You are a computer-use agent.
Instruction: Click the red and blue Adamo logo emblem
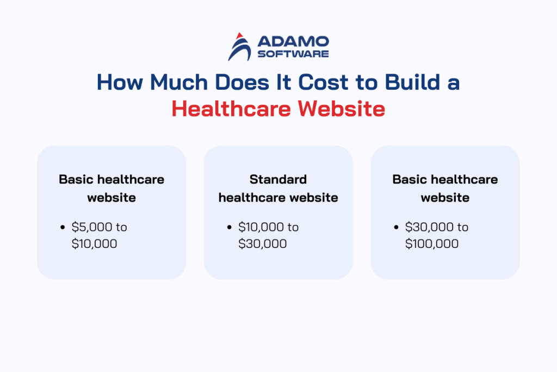pos(239,46)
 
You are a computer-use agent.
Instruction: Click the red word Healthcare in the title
pos(231,109)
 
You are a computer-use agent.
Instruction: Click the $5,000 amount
pos(91,227)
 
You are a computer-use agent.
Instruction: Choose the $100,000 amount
pos(432,243)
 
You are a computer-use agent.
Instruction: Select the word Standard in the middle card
pos(278,179)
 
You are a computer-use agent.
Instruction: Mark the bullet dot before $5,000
pos(64,227)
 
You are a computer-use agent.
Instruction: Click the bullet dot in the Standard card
pos(231,227)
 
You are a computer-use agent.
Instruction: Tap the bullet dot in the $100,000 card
pos(398,227)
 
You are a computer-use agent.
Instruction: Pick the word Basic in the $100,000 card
pos(409,179)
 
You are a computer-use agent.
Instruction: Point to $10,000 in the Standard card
pos(261,227)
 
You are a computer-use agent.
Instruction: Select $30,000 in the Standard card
pos(263,243)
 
